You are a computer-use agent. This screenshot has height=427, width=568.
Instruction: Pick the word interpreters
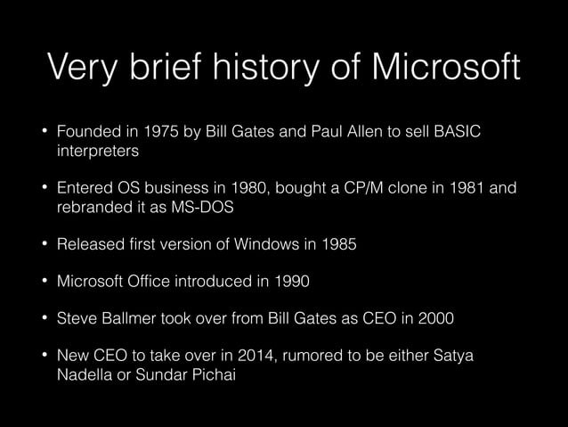pyautogui.click(x=96, y=152)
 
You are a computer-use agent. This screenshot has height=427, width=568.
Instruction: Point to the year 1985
pyautogui.click(x=337, y=244)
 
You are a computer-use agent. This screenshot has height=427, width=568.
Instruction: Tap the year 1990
pyautogui.click(x=288, y=282)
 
